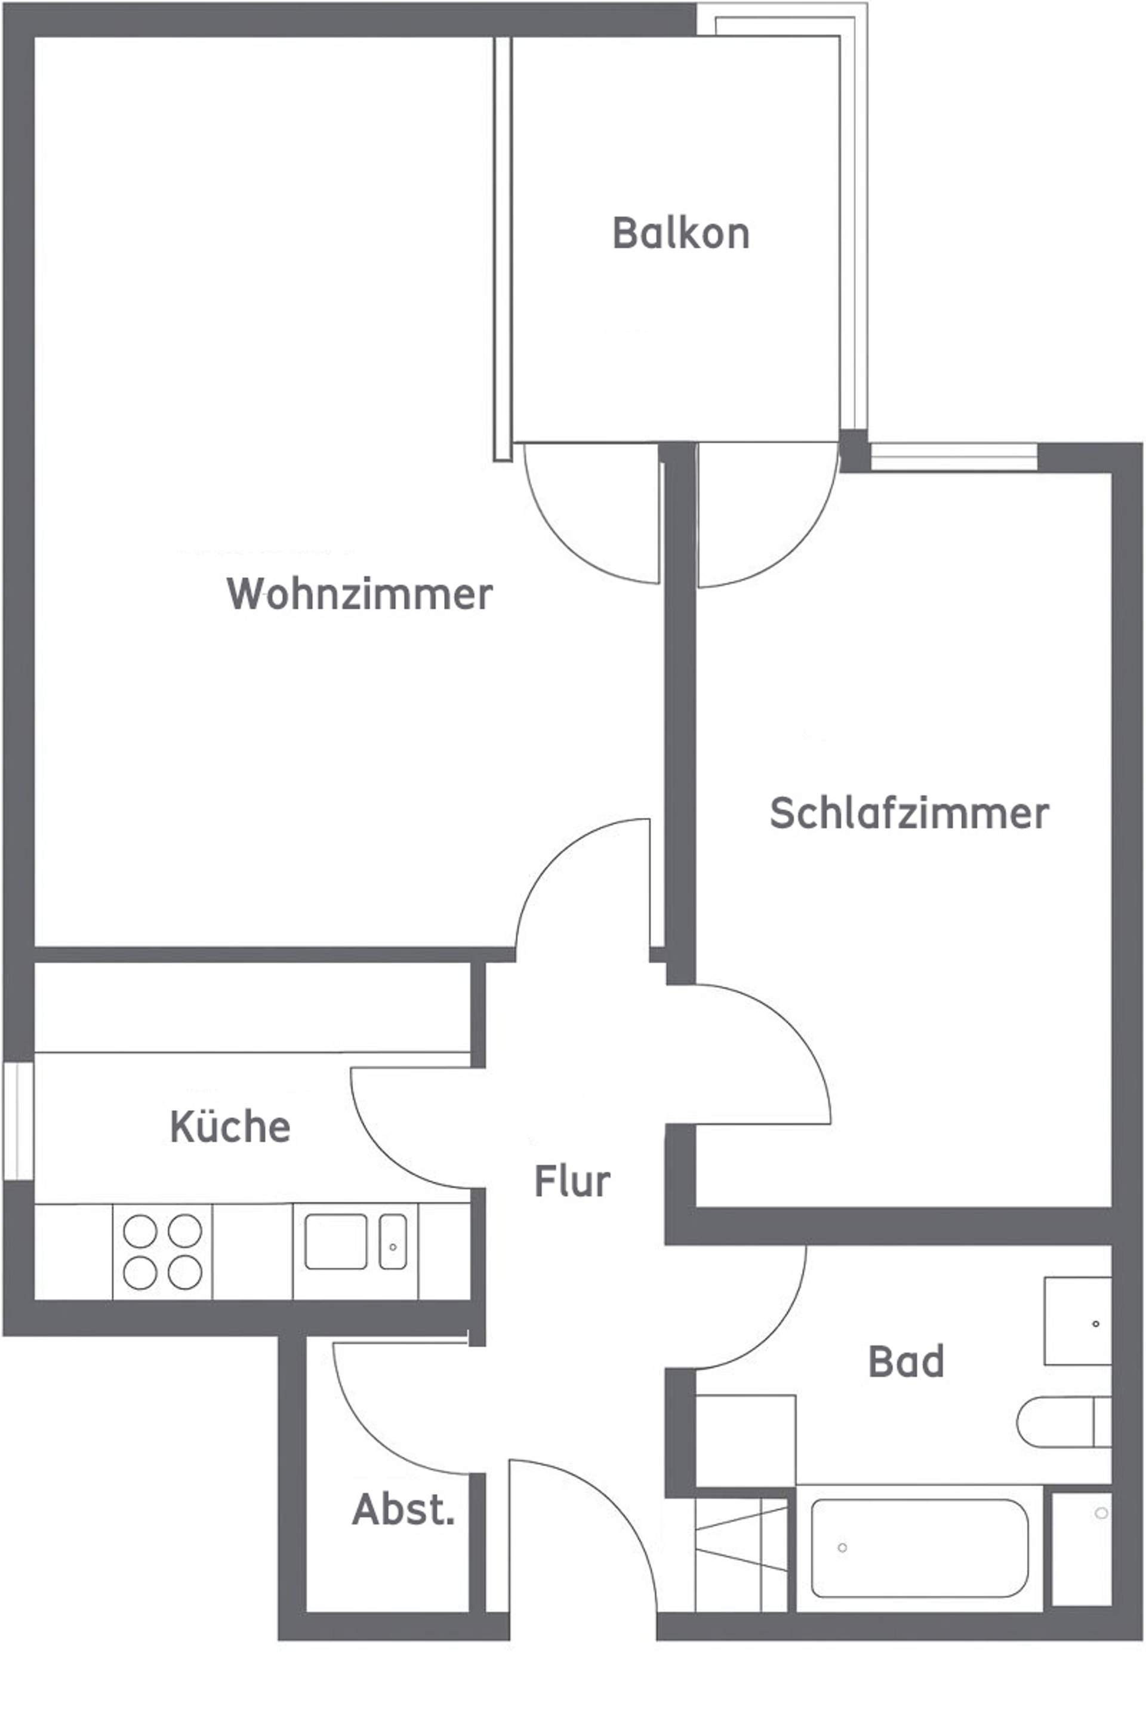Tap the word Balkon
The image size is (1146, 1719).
(x=681, y=233)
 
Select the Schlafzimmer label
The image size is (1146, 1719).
(x=909, y=813)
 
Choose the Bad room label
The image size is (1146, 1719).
(x=906, y=1361)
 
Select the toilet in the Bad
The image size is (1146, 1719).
(x=1064, y=1422)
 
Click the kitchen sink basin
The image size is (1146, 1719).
(x=335, y=1241)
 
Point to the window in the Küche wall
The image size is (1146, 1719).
(x=19, y=1120)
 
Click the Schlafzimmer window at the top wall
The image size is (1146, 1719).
(x=954, y=457)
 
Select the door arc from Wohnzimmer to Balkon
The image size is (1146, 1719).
(x=593, y=514)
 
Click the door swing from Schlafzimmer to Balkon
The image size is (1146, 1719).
(x=768, y=515)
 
